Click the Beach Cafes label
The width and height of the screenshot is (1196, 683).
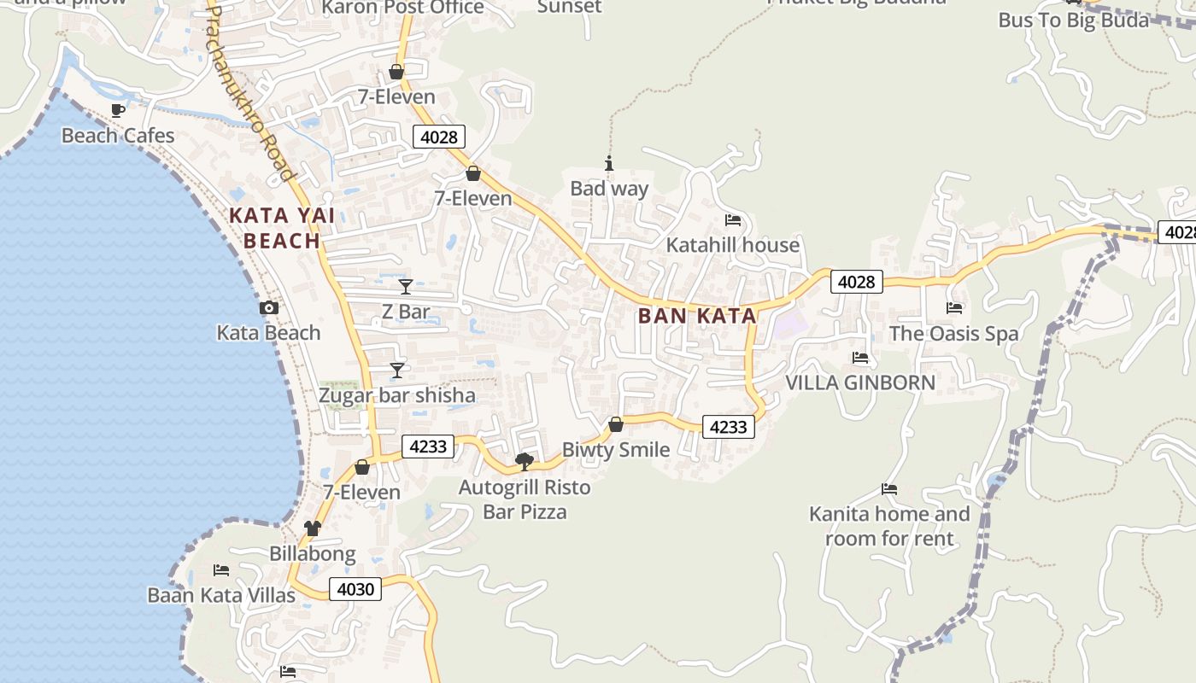click(x=118, y=136)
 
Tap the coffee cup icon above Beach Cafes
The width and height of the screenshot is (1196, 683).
click(x=118, y=110)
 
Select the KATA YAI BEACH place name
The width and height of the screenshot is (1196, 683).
click(x=282, y=228)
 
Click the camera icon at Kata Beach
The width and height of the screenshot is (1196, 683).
click(x=269, y=308)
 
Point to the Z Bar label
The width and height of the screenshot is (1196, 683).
click(x=406, y=312)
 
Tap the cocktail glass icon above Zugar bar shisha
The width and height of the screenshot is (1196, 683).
click(x=397, y=370)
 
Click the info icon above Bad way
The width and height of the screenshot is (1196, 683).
click(x=609, y=163)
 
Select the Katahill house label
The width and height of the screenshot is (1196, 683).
click(x=733, y=245)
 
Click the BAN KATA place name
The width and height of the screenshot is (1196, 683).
click(x=697, y=316)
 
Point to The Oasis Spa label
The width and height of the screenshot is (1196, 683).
click(x=954, y=334)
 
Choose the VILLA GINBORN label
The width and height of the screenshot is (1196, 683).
click(x=860, y=382)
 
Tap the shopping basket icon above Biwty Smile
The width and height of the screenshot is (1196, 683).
click(x=616, y=423)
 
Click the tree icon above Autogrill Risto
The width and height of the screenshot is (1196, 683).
click(x=525, y=462)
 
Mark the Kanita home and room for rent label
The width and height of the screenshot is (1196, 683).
click(x=889, y=526)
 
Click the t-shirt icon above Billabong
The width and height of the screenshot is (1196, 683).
click(x=313, y=528)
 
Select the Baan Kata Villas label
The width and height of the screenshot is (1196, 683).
click(x=221, y=595)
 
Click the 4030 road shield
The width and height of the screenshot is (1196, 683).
click(x=355, y=589)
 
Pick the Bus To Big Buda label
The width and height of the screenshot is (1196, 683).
click(x=1074, y=20)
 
